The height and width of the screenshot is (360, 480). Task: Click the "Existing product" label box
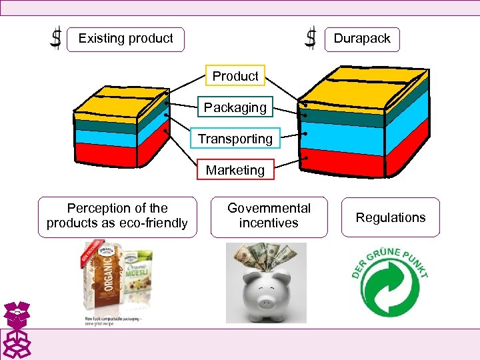coord(126,39)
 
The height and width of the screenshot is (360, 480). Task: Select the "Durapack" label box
coord(362,39)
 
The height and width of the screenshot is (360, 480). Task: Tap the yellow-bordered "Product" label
coord(235,76)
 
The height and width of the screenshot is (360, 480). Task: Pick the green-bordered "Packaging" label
coord(235,107)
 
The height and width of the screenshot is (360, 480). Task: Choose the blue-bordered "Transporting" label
coord(235,139)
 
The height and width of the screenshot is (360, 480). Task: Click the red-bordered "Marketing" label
coord(235,170)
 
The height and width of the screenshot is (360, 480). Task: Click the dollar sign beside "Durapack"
coord(311,37)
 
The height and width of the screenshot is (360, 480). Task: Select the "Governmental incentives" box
coord(269,217)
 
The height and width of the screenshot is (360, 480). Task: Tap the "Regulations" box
coord(391,217)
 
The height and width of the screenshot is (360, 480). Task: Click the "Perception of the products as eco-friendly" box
coord(117,217)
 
